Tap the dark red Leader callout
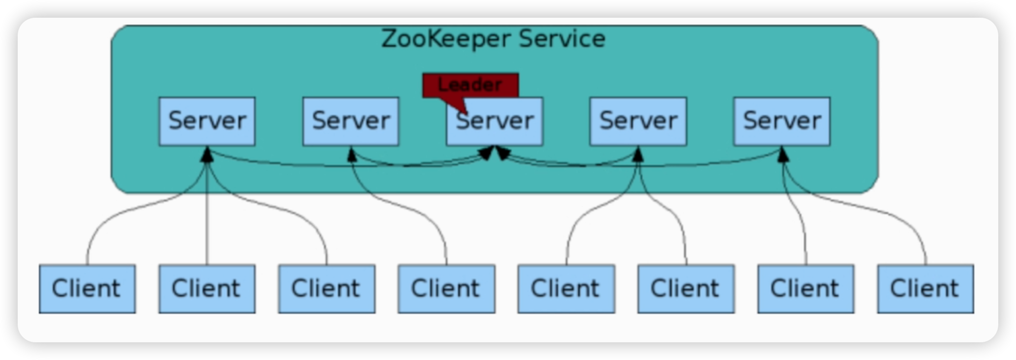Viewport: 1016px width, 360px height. pyautogui.click(x=471, y=85)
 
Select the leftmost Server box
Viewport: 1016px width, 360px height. pyautogui.click(x=207, y=121)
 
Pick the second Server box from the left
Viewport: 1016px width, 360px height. pyautogui.click(x=351, y=121)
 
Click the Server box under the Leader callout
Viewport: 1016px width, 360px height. pyautogui.click(x=495, y=123)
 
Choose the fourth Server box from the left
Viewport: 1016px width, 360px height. pyautogui.click(x=638, y=121)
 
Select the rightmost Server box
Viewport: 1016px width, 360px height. pyautogui.click(x=782, y=121)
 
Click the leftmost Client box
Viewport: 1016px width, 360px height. pyautogui.click(x=87, y=289)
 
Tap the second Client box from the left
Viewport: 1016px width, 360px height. pyautogui.click(x=207, y=289)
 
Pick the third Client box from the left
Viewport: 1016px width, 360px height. pyautogui.click(x=327, y=289)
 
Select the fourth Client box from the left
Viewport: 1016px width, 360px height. pyautogui.click(x=447, y=289)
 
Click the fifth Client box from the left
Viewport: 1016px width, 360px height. pyautogui.click(x=566, y=289)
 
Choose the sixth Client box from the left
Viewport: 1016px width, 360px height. pyautogui.click(x=686, y=289)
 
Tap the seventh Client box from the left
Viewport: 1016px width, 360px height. pyautogui.click(x=806, y=289)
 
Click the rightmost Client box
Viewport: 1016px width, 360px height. pyautogui.click(x=926, y=289)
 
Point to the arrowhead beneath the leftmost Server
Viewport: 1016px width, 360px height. pyautogui.click(x=207, y=153)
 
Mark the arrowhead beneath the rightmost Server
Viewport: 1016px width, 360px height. pyautogui.click(x=782, y=153)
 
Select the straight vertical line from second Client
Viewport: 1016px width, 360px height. pyautogui.click(x=207, y=221)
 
